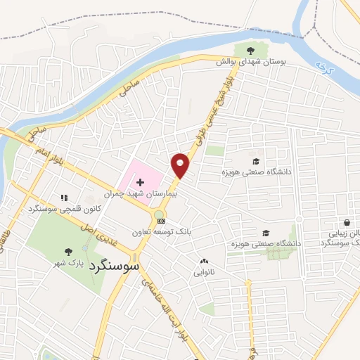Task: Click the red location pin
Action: click(x=181, y=166)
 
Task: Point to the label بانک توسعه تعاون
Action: click(x=161, y=231)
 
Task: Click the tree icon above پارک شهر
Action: click(x=69, y=252)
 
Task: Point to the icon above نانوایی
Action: click(x=205, y=260)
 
